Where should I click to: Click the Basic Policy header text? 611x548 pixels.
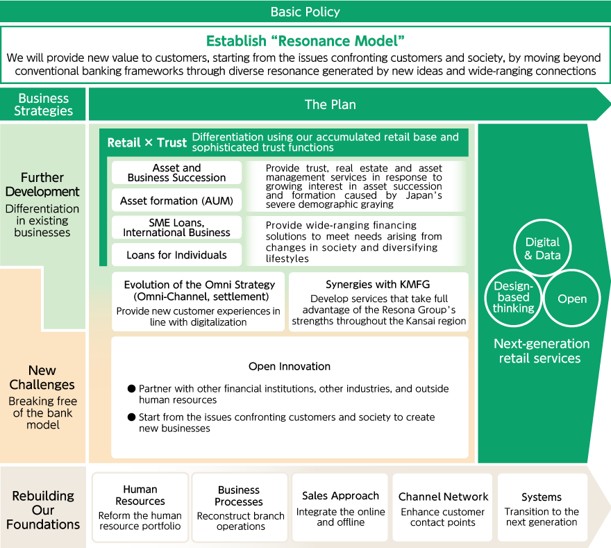point(305,12)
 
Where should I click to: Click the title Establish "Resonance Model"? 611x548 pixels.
point(305,40)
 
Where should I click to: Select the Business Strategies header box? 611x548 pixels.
point(43,104)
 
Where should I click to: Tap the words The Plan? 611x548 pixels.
point(330,105)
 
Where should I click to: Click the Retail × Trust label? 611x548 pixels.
point(147,142)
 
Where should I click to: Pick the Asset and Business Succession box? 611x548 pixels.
point(176,173)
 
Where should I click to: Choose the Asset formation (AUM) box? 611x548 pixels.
point(176,201)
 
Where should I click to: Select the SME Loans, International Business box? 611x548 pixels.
point(176,227)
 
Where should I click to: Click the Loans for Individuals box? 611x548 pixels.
point(176,255)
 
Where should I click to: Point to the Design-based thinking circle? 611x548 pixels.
point(514,297)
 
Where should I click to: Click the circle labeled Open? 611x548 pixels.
point(571,299)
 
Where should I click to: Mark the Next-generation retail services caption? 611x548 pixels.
point(542,351)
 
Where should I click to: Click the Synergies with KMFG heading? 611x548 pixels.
point(378,285)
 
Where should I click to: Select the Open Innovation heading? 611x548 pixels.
point(290,366)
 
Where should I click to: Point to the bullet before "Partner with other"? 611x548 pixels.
point(131,389)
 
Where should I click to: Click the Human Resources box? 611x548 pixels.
point(140,508)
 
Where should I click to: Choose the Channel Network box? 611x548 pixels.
point(443,508)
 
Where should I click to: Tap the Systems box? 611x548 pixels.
point(542,508)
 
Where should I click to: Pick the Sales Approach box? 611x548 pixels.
point(340,508)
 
